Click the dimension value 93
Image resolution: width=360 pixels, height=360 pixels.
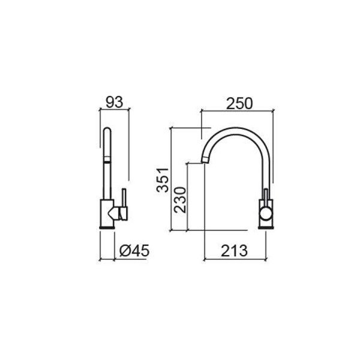pos(113,102)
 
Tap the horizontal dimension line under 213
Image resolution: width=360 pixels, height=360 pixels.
pos(235,260)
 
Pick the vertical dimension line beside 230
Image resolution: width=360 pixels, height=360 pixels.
pos(188,197)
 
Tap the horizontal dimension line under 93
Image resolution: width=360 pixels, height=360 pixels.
pos(113,110)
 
